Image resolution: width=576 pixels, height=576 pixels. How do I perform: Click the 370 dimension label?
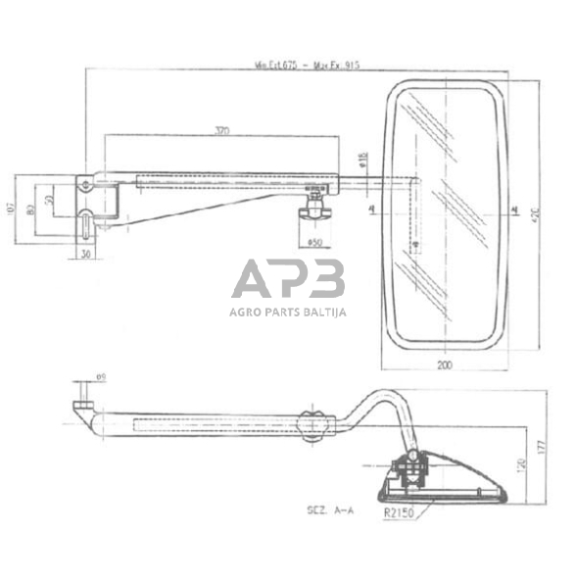[224, 130]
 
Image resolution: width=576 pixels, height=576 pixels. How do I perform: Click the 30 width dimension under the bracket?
[85, 254]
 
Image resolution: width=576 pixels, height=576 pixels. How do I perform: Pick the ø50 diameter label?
[314, 243]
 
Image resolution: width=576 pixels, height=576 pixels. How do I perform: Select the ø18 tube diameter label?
[362, 159]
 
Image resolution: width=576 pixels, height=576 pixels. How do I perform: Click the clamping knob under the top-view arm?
[315, 210]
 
